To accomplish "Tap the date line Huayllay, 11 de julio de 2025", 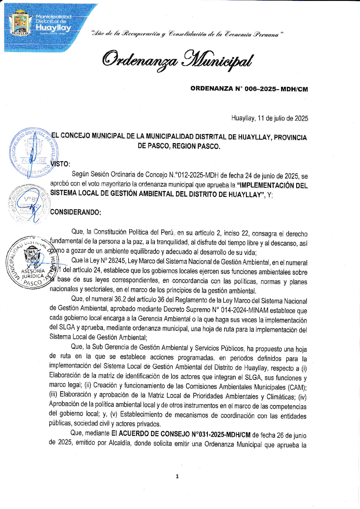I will [x=270, y=118].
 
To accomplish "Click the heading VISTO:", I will [x=60, y=164].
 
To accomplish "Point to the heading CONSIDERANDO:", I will [x=75, y=212].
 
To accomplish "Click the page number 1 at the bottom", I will [x=177, y=476].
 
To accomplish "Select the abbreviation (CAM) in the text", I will [x=298, y=387].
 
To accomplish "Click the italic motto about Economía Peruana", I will [x=187, y=34].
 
